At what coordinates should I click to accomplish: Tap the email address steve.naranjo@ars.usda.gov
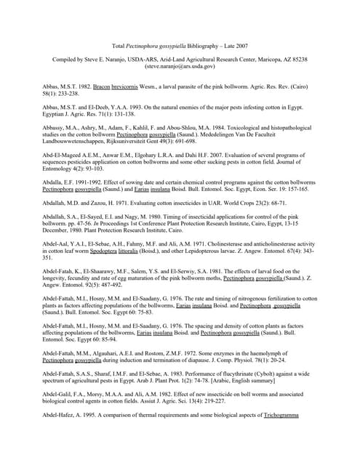180,66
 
